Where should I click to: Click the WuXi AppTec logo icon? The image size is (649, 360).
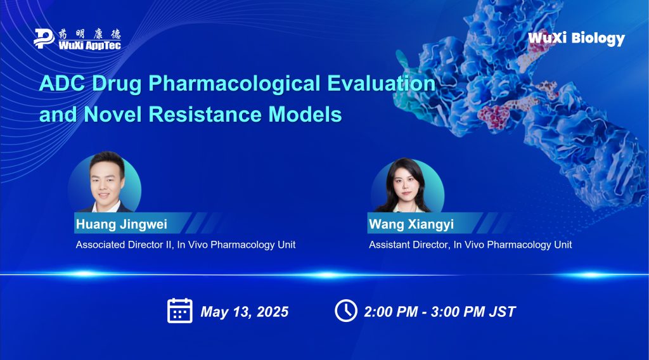pos(44,39)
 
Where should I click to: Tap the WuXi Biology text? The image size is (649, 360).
pos(576,39)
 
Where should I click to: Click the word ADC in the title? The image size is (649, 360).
pos(62,83)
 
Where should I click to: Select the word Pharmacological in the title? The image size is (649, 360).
pos(235,84)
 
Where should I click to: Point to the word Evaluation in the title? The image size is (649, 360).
pos(381,83)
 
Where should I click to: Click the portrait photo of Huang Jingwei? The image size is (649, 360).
pos(105,182)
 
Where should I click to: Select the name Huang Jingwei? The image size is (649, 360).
pos(121,224)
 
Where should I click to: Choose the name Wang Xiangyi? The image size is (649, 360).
pos(411,224)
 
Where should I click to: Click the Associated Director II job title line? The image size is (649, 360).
pos(186,245)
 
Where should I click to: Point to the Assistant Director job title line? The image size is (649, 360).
pos(470,245)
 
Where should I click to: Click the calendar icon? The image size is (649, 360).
pos(179,311)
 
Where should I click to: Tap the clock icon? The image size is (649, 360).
pos(346,311)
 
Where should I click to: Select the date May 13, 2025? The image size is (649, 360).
pos(244,312)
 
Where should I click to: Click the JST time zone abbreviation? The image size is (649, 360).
pos(502,312)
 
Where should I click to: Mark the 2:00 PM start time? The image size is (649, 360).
pos(390,312)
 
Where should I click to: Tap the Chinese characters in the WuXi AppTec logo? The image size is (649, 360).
pos(89,34)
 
